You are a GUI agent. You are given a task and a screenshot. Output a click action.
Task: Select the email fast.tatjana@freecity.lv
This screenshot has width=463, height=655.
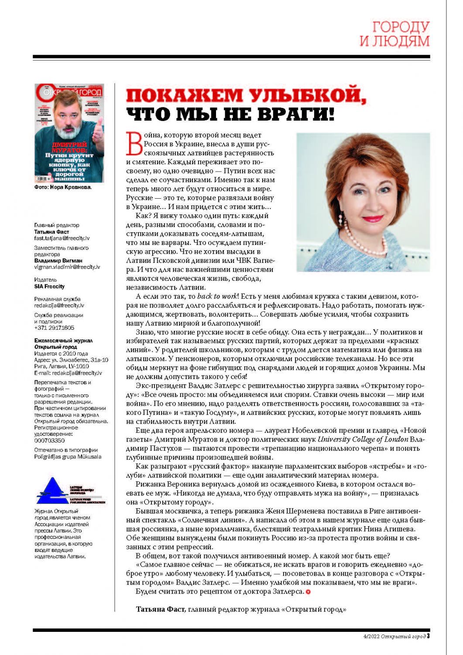pos(62,238)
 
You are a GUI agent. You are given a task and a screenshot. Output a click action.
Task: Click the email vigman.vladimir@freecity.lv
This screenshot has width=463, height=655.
pos(67,267)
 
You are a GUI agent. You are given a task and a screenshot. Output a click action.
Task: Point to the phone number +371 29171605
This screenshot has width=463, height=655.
pos(54,327)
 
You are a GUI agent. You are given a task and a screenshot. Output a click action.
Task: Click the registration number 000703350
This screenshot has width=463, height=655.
pos(49,441)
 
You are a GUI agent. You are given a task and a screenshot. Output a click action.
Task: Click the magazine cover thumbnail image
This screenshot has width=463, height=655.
pos(69,133)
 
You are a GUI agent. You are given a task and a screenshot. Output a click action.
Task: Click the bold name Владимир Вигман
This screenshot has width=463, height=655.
pos(58,261)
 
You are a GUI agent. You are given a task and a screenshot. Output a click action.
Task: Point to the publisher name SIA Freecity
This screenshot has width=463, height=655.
pos(49,286)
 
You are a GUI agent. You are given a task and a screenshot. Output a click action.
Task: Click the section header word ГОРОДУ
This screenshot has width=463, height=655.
pos(401,27)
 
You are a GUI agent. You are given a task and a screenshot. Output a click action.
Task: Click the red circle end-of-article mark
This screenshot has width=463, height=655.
pos(308,592)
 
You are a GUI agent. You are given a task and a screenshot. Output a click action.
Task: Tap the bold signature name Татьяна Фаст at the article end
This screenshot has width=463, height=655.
pos(160,609)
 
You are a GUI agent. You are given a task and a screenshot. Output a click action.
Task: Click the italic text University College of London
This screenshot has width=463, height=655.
pos(363,439)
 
